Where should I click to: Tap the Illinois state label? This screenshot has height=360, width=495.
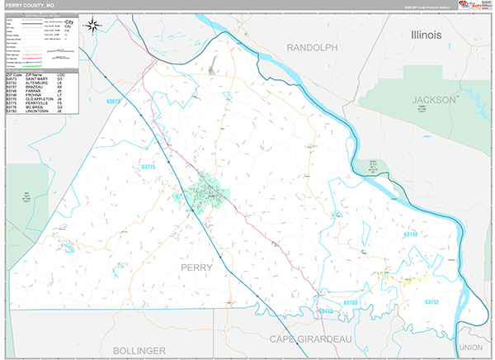427,36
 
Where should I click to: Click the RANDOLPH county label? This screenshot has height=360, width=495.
313,48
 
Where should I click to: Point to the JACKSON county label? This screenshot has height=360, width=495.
433,99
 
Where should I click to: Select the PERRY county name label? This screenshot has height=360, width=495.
196,267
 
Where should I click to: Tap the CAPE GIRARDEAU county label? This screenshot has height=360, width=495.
315,339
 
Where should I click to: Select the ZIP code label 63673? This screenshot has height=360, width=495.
114,102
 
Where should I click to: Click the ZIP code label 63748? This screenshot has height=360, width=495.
411,234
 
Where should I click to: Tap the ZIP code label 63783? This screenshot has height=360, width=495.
351,303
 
